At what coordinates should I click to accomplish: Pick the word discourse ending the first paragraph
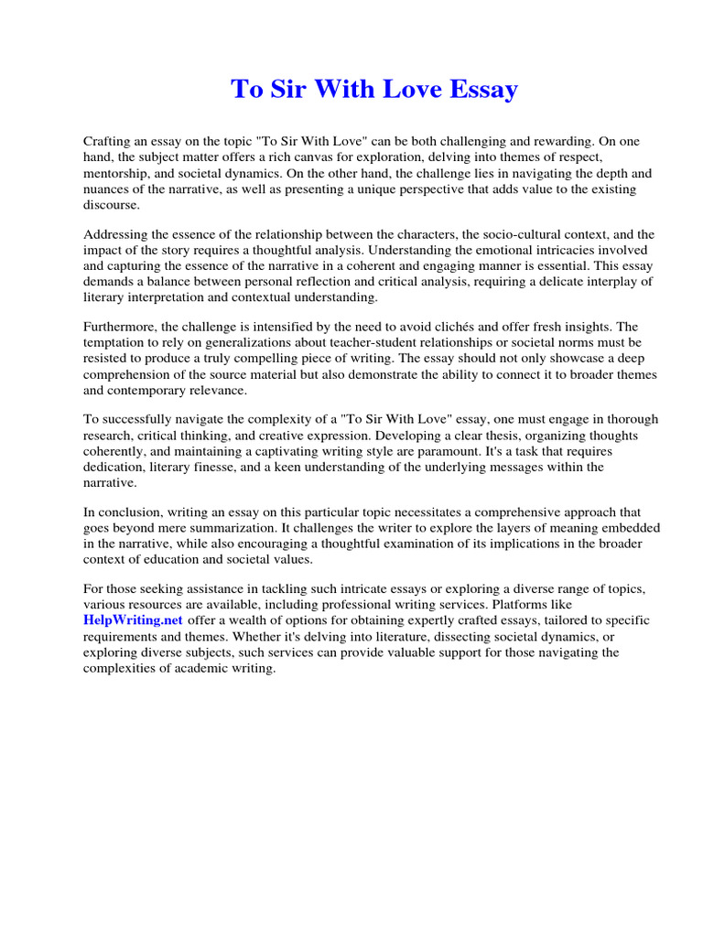pyautogui.click(x=112, y=204)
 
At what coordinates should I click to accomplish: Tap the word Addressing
pyautogui.click(x=117, y=234)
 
